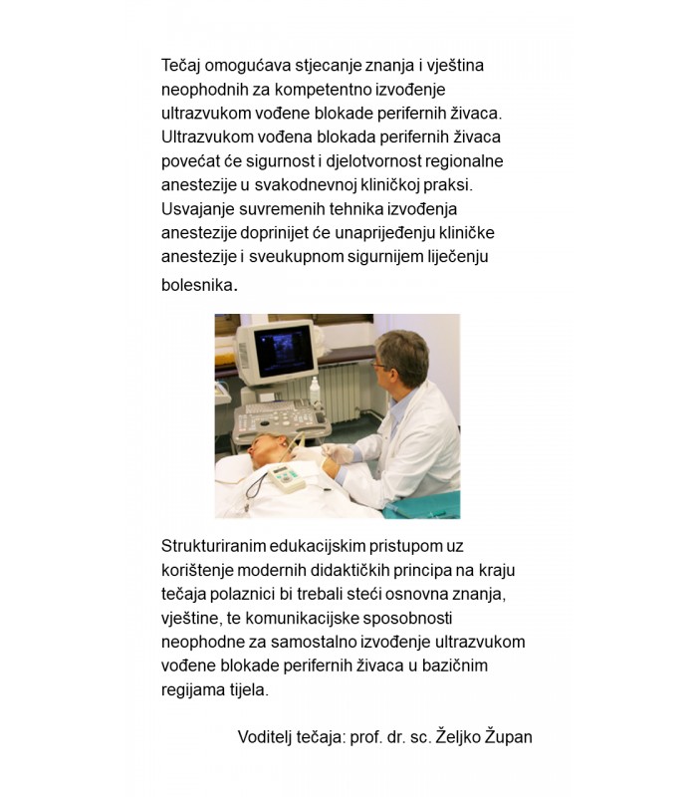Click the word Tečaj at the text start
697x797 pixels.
point(181,66)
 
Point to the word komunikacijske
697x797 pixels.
point(323,618)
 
